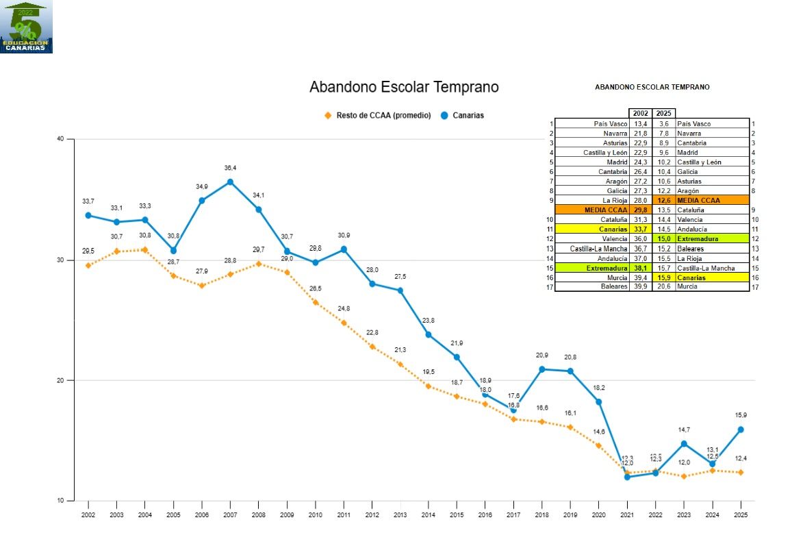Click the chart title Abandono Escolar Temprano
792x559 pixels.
pyautogui.click(x=404, y=88)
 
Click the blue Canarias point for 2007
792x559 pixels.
pyautogui.click(x=230, y=182)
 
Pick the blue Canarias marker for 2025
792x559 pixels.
pyautogui.click(x=740, y=430)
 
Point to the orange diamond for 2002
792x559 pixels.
pyautogui.click(x=88, y=265)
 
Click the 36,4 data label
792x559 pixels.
pyautogui.click(x=230, y=168)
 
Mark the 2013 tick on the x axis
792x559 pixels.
pyautogui.click(x=400, y=514)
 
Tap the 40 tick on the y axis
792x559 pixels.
pyautogui.click(x=60, y=139)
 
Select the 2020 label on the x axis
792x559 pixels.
pyautogui.click(x=598, y=514)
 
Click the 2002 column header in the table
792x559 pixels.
pyautogui.click(x=641, y=114)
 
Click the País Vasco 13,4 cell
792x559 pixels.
pyautogui.click(x=641, y=124)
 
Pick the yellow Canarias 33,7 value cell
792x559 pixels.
pyautogui.click(x=641, y=229)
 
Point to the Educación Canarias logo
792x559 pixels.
pyautogui.click(x=26, y=27)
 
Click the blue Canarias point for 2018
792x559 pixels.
pyautogui.click(x=541, y=369)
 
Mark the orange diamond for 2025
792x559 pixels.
pyautogui.click(x=740, y=472)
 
